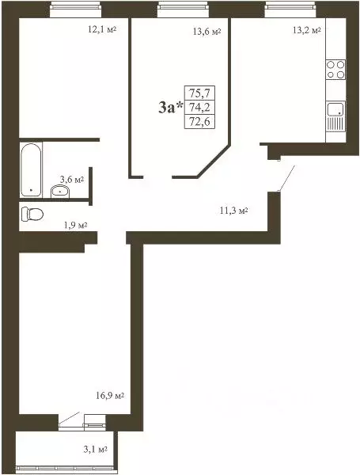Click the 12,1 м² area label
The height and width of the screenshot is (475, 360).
coord(101,30)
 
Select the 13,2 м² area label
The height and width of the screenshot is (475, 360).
coord(306,30)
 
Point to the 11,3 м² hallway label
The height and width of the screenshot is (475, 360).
coord(233,211)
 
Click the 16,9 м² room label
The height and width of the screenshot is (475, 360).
coord(108,395)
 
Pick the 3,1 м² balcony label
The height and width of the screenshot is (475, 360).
coord(95,450)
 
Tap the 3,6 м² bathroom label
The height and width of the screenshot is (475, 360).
coord(71,180)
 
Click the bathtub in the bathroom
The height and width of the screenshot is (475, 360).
coord(31,169)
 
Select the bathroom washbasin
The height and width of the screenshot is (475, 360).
coord(60,189)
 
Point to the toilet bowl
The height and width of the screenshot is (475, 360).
coord(32,213)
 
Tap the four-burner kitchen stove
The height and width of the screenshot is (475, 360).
coord(335,70)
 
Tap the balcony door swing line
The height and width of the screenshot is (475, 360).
coord(69,418)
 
